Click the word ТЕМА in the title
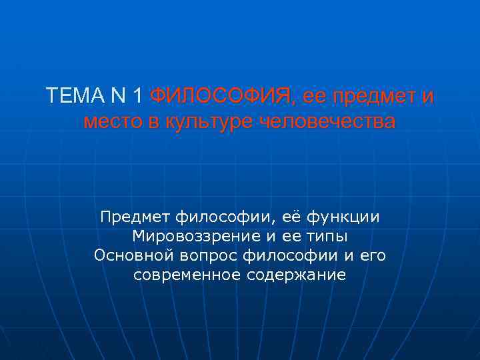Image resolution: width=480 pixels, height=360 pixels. point(70,97)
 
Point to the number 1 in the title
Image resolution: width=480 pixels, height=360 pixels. point(137,97)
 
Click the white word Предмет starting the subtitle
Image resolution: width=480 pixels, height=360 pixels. point(135,217)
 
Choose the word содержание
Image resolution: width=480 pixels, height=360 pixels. point(295,275)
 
